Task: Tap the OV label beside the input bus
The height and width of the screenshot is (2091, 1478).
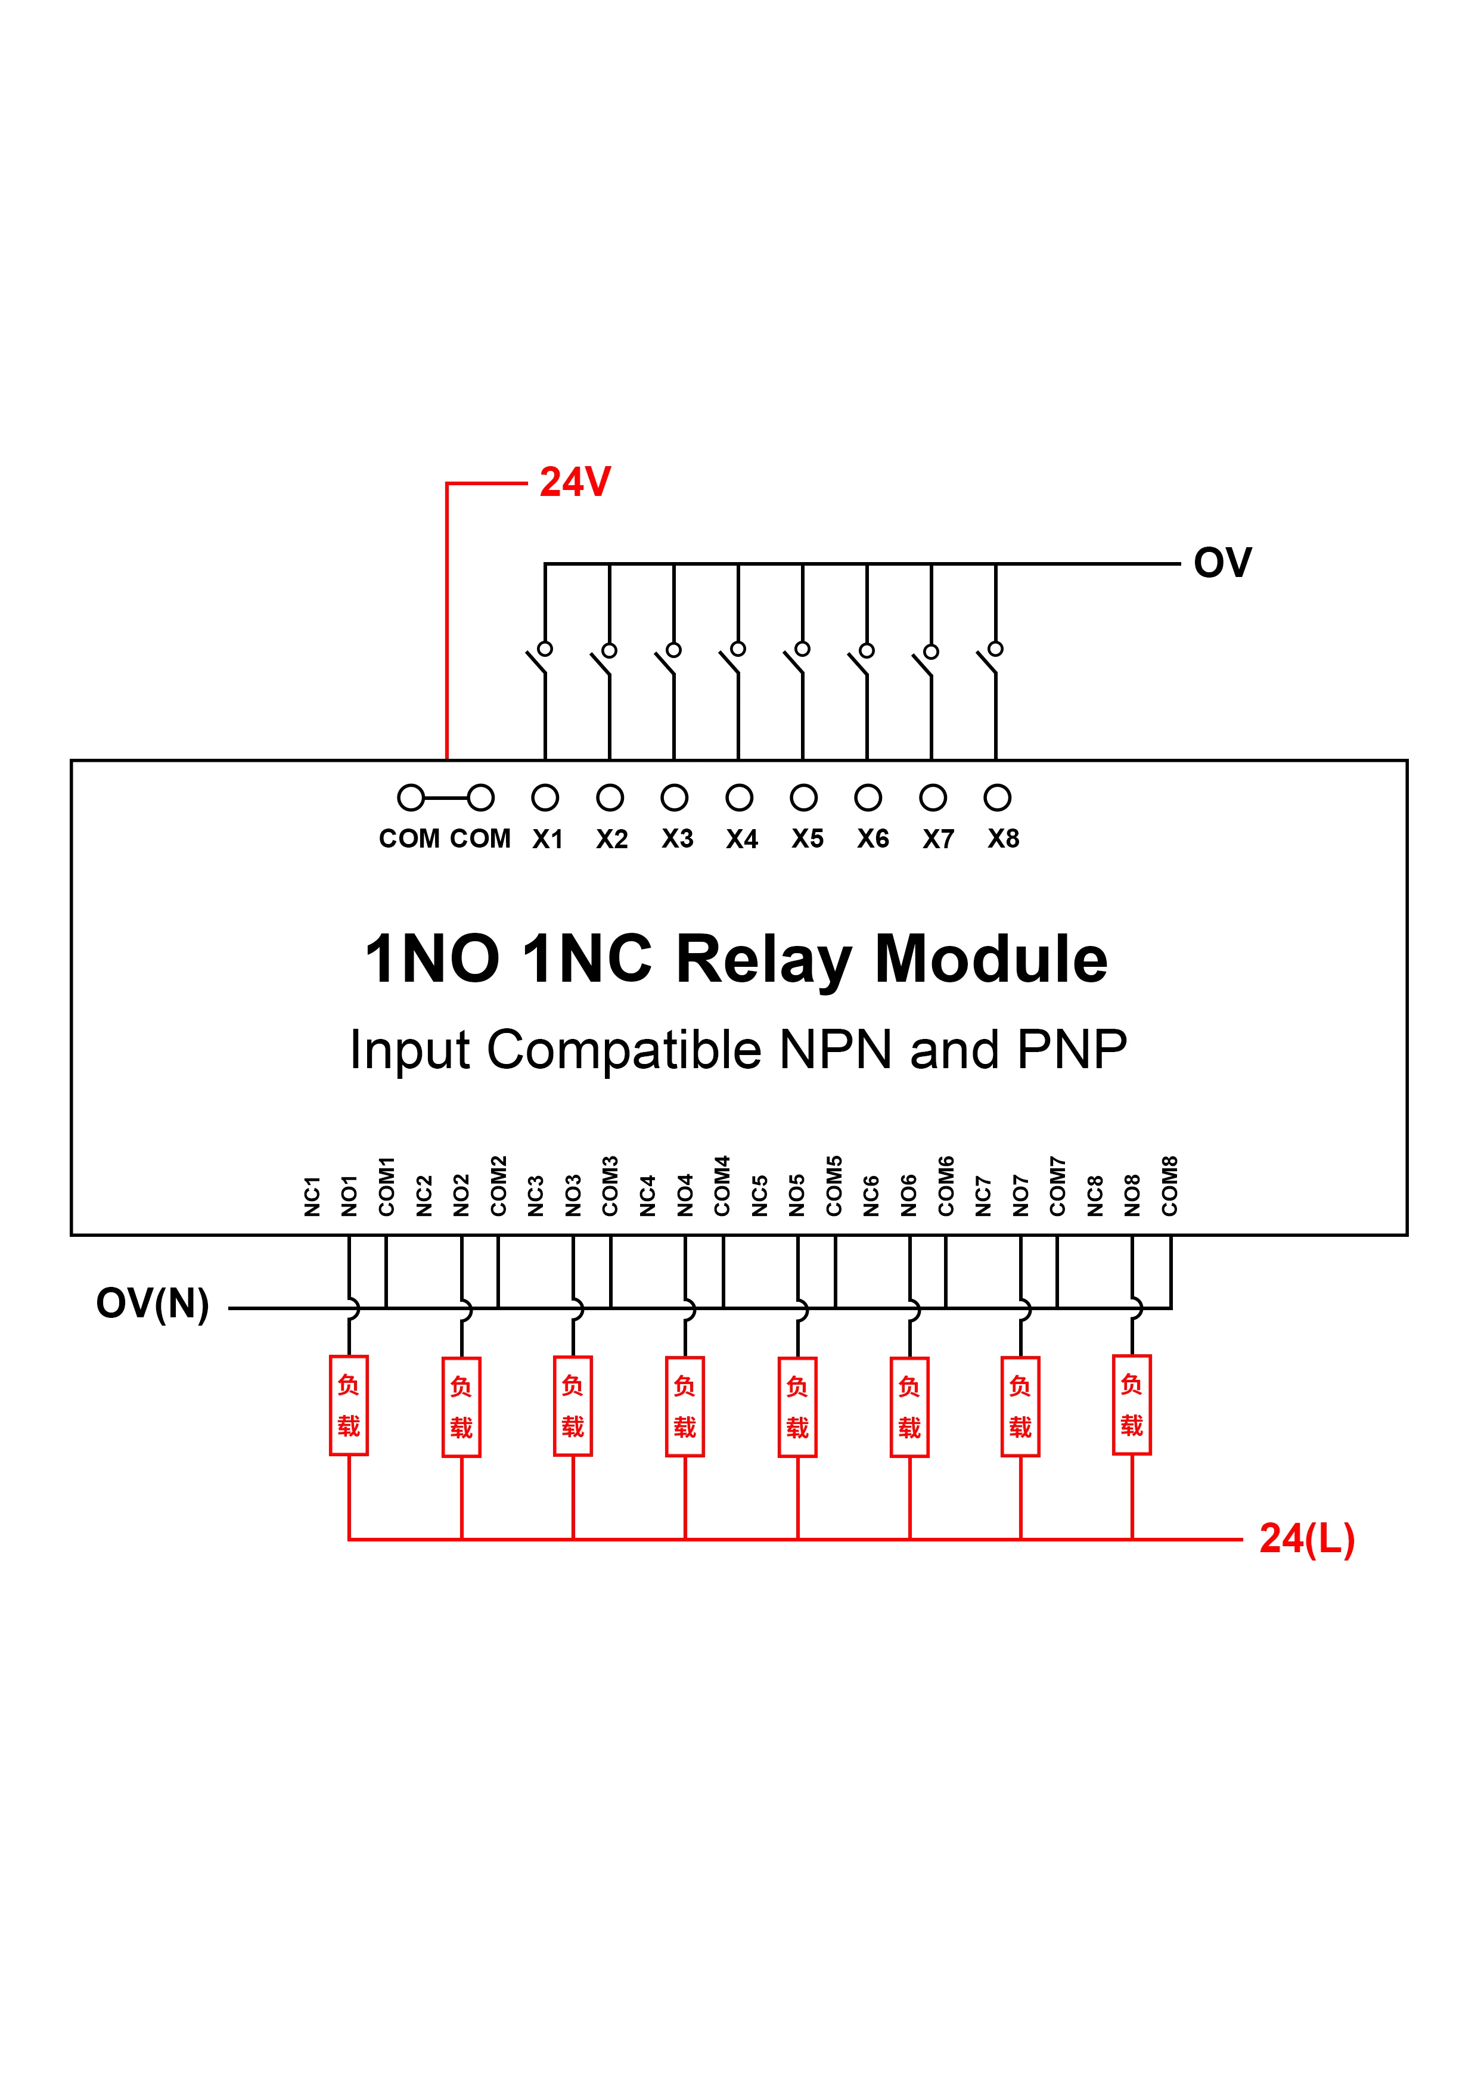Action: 1222,563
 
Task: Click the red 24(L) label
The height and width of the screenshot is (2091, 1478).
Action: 1307,1538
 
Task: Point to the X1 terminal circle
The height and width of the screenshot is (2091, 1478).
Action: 545,798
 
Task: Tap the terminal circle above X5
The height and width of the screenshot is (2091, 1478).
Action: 803,798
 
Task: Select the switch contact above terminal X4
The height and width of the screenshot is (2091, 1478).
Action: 732,659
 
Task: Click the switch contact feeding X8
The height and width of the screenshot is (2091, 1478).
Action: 990,659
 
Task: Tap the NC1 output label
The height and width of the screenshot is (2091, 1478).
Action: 312,1196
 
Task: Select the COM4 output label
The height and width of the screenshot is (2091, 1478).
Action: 722,1186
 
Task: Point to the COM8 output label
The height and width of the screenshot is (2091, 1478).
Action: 1169,1186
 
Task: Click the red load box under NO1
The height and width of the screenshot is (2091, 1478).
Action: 349,1406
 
